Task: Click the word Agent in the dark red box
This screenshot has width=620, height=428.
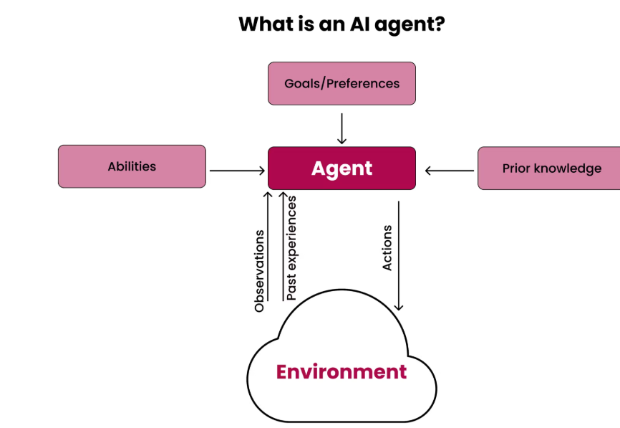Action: (x=342, y=168)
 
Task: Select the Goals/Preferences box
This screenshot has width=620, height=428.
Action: (x=342, y=83)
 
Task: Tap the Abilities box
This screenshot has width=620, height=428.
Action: (x=132, y=166)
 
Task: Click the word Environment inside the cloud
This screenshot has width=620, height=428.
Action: (x=342, y=372)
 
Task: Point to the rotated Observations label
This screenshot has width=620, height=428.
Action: (x=260, y=270)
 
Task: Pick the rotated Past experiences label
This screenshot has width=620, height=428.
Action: (x=291, y=247)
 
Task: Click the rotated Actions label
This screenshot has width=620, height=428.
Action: (x=387, y=248)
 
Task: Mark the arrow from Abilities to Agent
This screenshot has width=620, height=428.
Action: (x=236, y=171)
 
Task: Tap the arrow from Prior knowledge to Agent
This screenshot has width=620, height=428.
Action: (x=450, y=171)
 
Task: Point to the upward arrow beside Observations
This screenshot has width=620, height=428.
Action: (x=268, y=244)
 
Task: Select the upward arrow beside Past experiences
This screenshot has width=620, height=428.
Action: (x=283, y=244)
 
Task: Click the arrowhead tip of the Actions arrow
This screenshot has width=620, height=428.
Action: (x=399, y=308)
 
